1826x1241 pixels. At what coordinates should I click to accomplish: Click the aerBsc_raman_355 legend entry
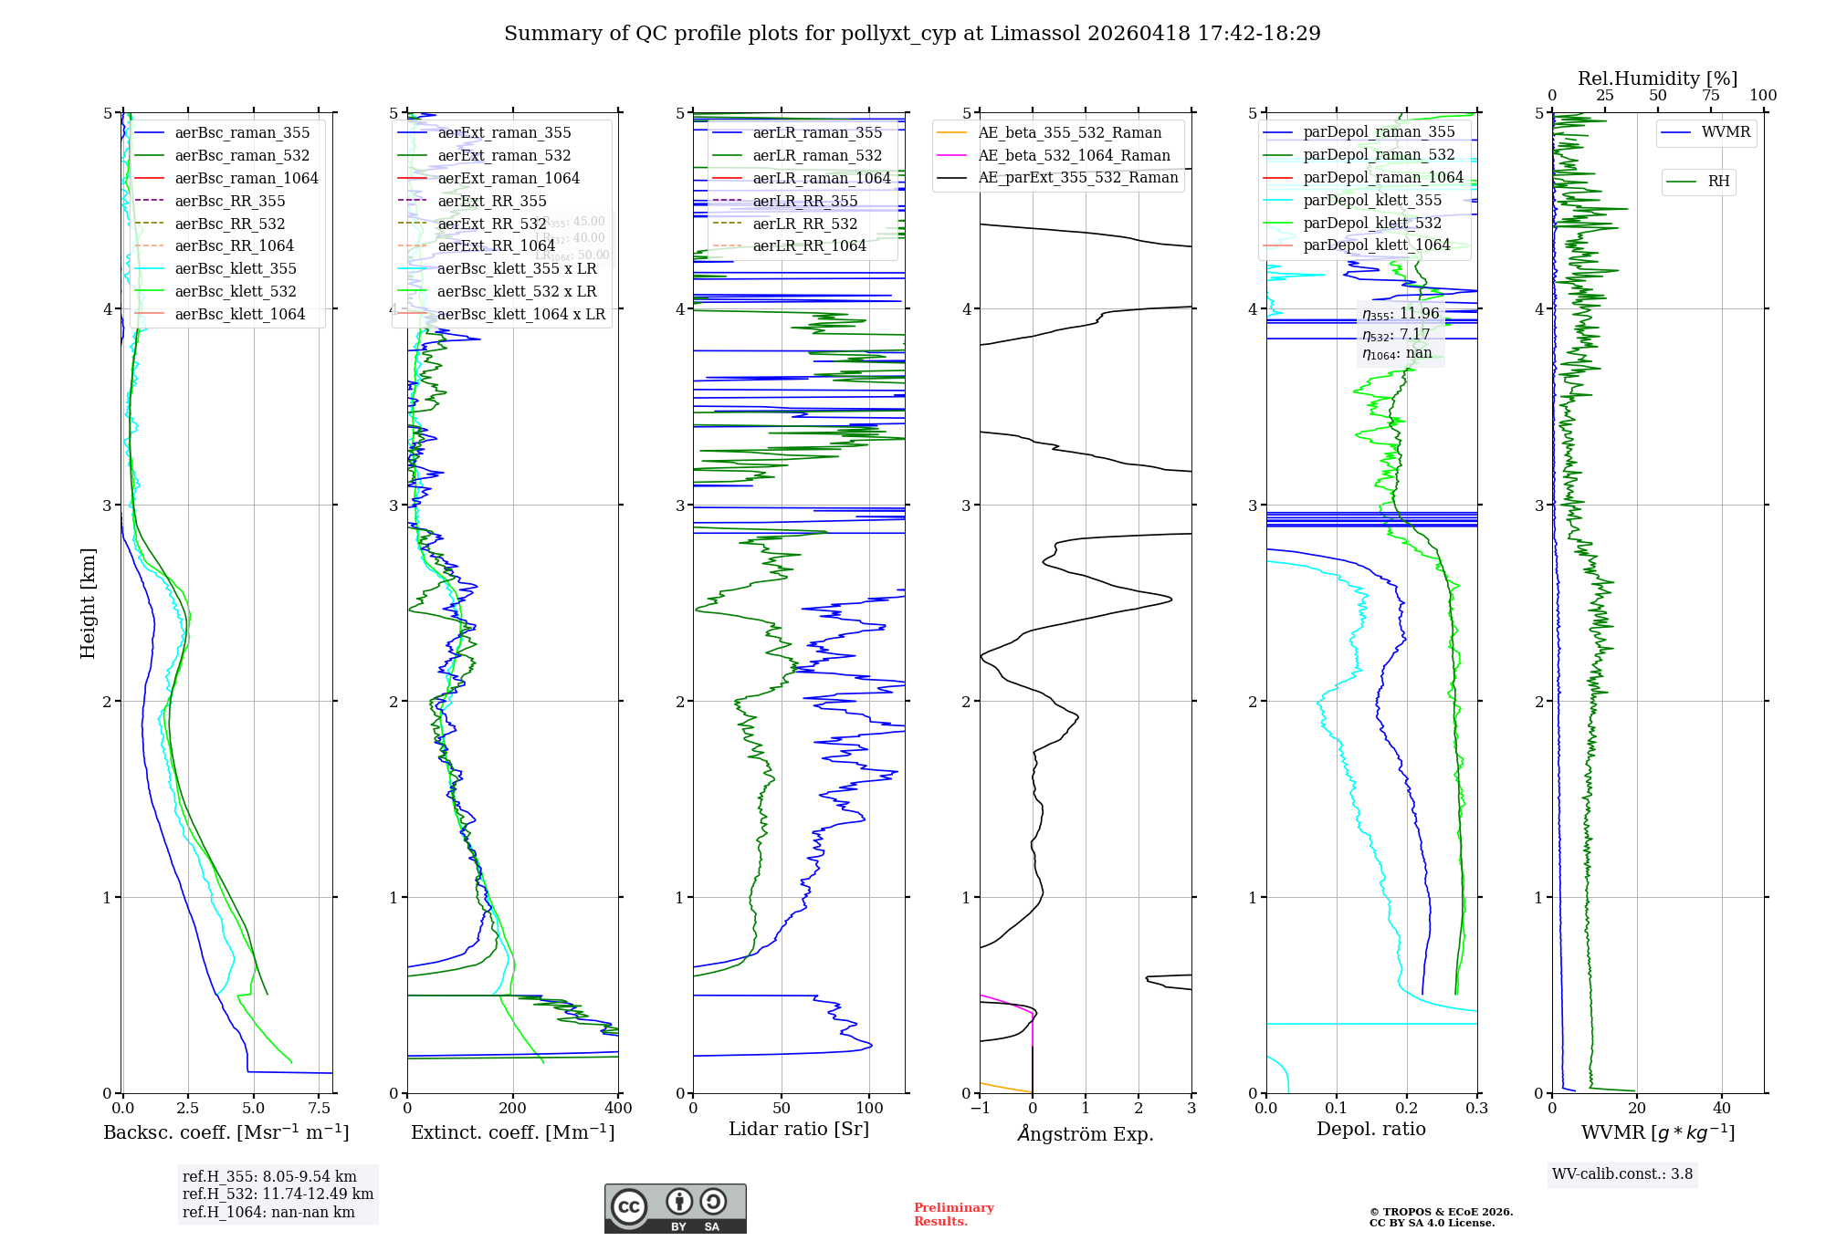click(x=242, y=133)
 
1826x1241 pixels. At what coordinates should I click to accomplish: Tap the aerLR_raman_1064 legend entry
click(x=821, y=178)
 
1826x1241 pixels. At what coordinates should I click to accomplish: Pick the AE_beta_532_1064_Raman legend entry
click(x=1074, y=155)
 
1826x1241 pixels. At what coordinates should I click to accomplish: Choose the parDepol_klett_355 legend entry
click(x=1372, y=200)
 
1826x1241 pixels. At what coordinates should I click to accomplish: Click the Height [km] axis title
click(x=88, y=602)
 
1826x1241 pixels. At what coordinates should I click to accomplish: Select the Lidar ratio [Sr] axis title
click(x=799, y=1130)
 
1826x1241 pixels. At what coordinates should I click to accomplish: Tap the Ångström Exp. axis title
click(x=1086, y=1134)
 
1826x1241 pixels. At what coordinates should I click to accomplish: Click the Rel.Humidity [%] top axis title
click(x=1657, y=78)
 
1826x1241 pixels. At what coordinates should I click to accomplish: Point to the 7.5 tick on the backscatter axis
click(x=320, y=1108)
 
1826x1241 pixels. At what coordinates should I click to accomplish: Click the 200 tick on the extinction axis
click(x=513, y=1108)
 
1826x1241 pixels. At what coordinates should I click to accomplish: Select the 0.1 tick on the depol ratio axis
click(x=1337, y=1108)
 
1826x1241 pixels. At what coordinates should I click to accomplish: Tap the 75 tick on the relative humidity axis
click(x=1710, y=96)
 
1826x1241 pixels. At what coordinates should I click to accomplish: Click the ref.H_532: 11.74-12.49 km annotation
click(x=278, y=1194)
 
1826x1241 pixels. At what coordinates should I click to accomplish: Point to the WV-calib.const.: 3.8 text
click(x=1622, y=1174)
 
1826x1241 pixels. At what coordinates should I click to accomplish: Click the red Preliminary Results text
click(x=953, y=1215)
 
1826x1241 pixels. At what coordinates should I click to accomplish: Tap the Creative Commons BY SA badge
click(x=675, y=1209)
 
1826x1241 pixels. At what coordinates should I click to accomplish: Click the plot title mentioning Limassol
click(x=912, y=34)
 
